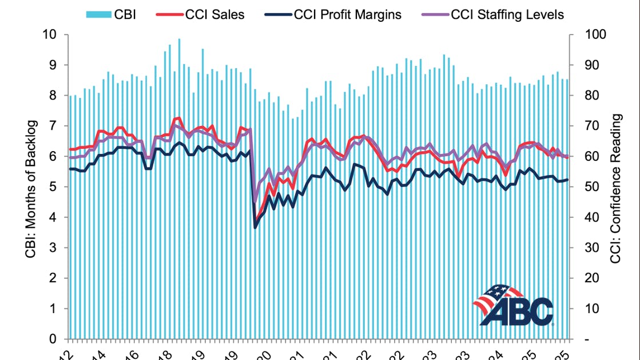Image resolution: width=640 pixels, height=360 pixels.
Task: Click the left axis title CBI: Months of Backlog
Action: (31, 189)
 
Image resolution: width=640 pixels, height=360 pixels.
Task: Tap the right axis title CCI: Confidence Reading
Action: (616, 189)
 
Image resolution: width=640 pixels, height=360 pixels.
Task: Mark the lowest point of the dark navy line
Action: (255, 228)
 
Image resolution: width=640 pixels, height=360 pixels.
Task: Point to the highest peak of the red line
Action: (179, 118)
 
